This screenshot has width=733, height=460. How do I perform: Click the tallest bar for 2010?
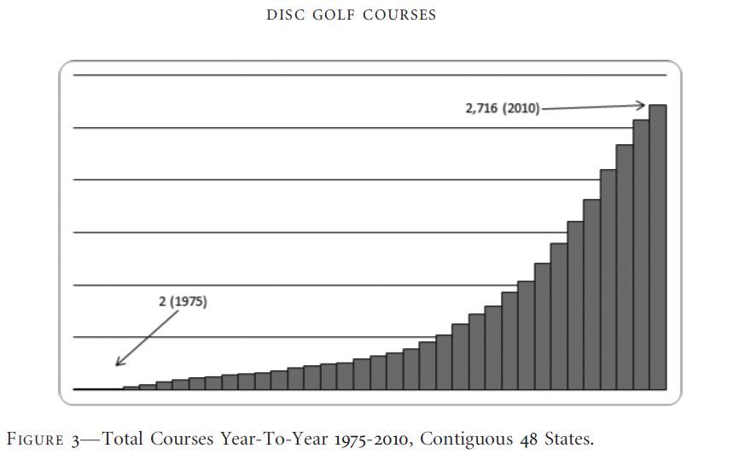657,247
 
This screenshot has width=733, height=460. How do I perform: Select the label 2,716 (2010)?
503,109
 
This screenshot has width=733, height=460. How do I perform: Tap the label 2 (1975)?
183,302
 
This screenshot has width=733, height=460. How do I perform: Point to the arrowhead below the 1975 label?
119,363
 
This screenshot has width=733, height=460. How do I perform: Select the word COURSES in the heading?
398,15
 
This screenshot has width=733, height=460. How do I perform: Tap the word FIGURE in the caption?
38,440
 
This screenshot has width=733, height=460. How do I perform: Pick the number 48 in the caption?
528,440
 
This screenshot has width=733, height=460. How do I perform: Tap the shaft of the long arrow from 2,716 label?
589,108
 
